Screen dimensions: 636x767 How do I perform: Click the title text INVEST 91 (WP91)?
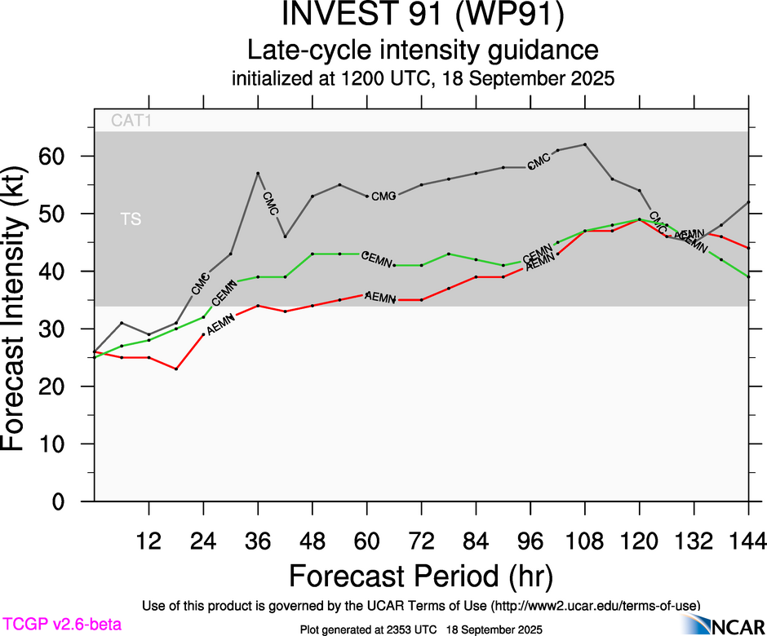(422, 16)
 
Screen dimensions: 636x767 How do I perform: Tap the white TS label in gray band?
(130, 219)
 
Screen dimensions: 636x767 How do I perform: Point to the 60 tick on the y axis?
(64, 156)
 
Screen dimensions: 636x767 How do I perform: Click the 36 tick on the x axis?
(258, 539)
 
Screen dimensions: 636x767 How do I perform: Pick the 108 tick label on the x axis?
(585, 539)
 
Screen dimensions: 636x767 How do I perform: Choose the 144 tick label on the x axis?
(748, 539)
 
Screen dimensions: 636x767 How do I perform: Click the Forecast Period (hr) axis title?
(421, 576)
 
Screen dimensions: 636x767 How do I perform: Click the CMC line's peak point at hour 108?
(585, 144)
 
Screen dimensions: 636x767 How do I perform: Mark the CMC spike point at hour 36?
(258, 173)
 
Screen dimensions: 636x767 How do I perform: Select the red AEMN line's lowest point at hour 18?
(176, 369)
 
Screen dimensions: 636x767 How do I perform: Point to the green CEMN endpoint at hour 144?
(748, 277)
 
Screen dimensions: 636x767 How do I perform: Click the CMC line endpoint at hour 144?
(748, 202)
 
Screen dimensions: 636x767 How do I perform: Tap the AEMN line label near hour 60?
(379, 297)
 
